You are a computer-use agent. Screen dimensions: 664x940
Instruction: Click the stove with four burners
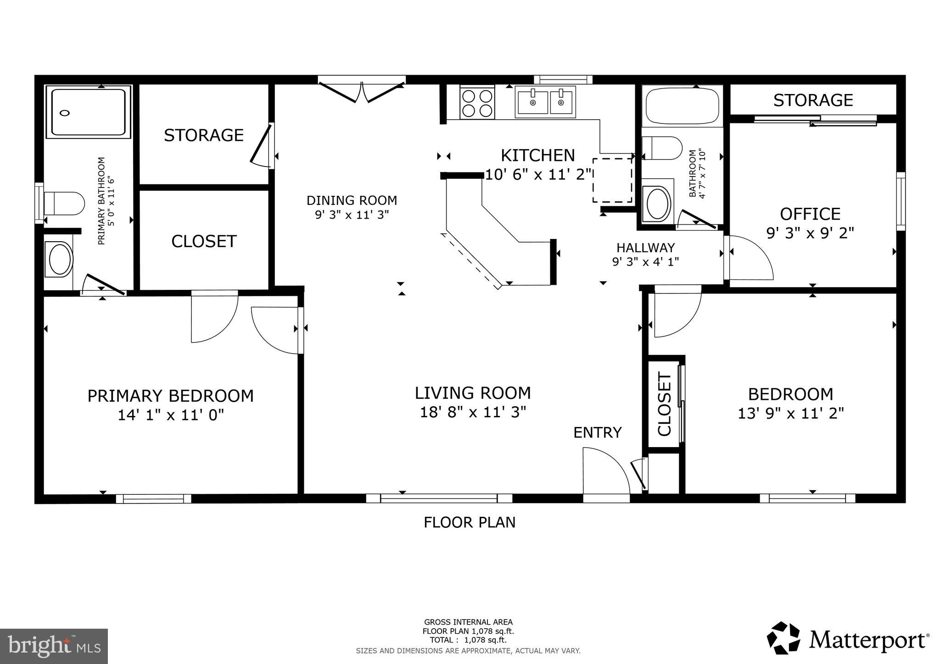(x=477, y=103)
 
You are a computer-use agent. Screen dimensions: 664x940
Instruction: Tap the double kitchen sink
(x=545, y=102)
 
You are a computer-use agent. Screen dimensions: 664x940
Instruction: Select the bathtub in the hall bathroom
(x=682, y=106)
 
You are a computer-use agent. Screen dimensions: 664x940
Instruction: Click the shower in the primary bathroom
(x=88, y=112)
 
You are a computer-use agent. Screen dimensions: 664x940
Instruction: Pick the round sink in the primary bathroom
(x=60, y=260)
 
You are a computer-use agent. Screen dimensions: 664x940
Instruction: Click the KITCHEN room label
(x=537, y=155)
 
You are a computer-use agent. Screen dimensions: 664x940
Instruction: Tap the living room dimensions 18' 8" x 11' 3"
(x=473, y=412)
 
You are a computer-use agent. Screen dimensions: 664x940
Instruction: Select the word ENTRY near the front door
(x=597, y=432)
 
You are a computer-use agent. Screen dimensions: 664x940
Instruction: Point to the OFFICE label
(x=810, y=214)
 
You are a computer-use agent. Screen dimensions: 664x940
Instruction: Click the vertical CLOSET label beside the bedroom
(x=665, y=404)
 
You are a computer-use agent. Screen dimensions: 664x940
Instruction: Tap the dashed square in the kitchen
(x=612, y=180)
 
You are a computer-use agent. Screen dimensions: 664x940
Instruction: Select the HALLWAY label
(x=645, y=248)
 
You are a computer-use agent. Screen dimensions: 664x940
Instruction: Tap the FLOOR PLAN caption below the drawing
(x=470, y=522)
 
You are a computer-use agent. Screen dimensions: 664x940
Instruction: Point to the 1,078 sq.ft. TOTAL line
(x=468, y=640)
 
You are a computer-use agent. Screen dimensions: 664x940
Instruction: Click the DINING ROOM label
(x=352, y=200)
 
